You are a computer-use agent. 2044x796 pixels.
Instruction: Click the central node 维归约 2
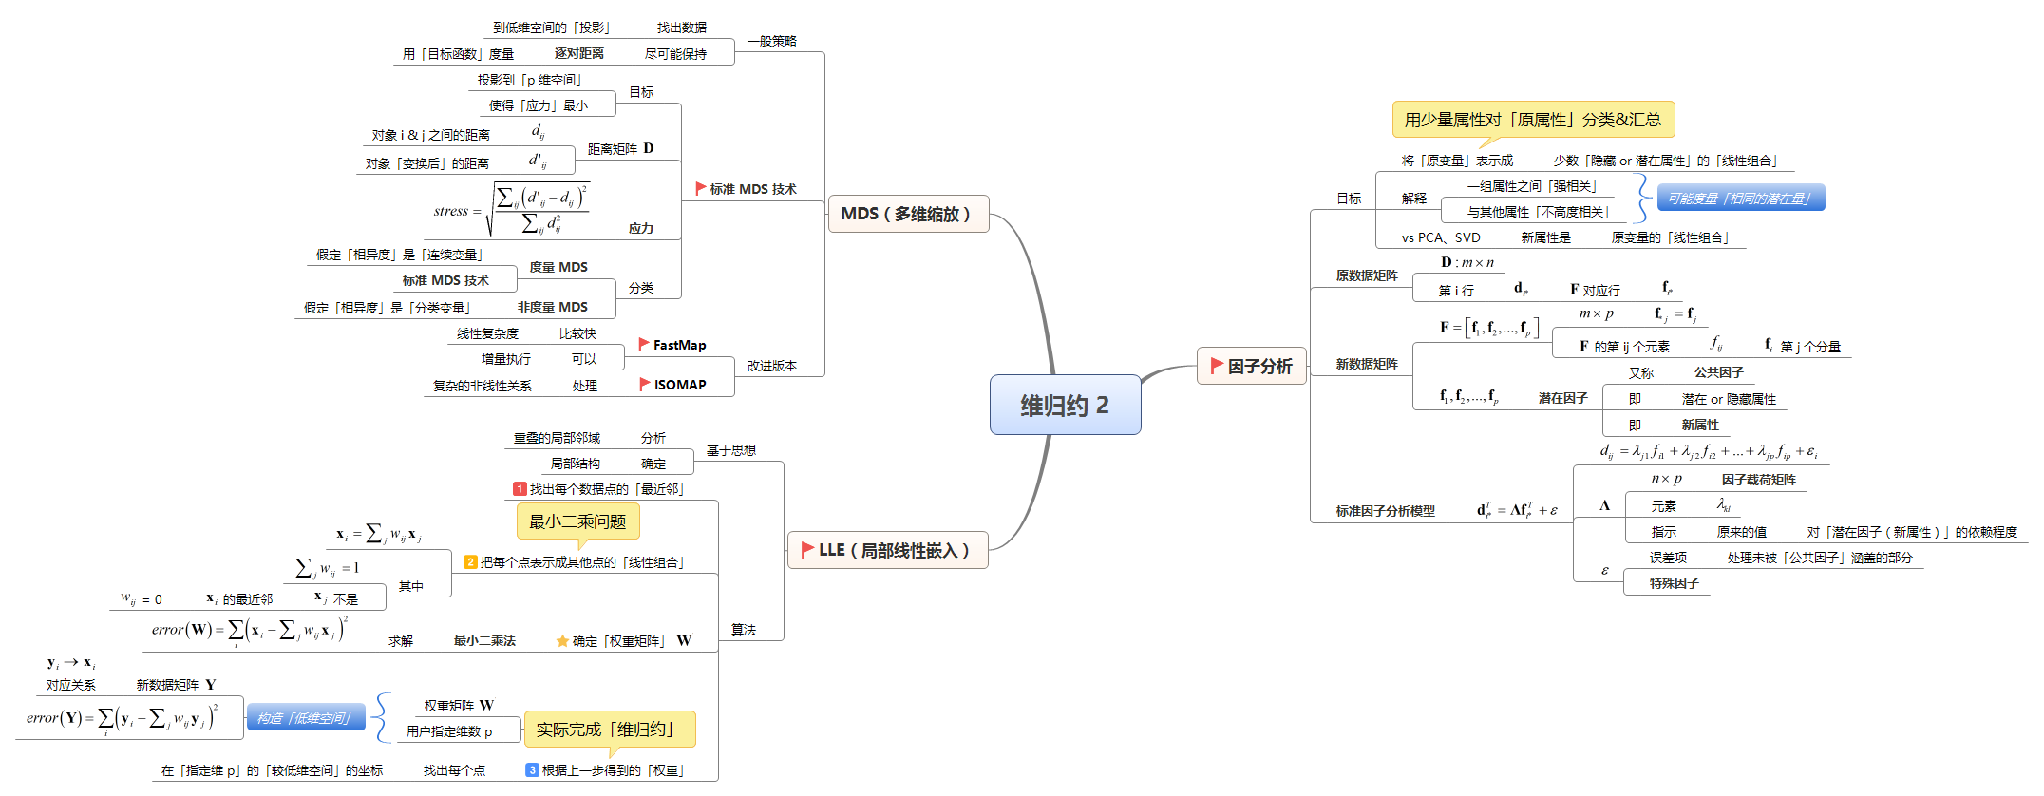pyautogui.click(x=1065, y=405)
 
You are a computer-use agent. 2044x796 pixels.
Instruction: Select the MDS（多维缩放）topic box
pyautogui.click(x=908, y=214)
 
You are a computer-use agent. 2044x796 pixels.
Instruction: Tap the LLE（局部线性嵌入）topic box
pyautogui.click(x=888, y=550)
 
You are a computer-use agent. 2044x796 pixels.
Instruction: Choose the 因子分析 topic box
pyautogui.click(x=1252, y=366)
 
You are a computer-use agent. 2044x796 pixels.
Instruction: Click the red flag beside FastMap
pyautogui.click(x=644, y=344)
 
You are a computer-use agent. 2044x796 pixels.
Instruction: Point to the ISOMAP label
pyautogui.click(x=680, y=385)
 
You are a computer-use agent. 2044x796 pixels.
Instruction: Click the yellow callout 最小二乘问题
pyautogui.click(x=577, y=521)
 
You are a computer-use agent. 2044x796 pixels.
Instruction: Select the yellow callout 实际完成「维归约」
pyautogui.click(x=609, y=730)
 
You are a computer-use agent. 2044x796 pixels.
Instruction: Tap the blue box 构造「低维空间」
pyautogui.click(x=306, y=718)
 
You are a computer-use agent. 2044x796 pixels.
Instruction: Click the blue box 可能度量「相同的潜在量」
pyautogui.click(x=1740, y=198)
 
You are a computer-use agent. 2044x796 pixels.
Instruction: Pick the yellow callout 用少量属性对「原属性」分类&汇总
pyautogui.click(x=1533, y=120)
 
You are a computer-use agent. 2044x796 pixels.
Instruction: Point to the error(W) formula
pyautogui.click(x=250, y=630)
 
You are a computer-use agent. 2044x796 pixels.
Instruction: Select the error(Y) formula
pyautogui.click(x=123, y=718)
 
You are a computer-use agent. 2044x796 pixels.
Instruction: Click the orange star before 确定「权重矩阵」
pyautogui.click(x=562, y=641)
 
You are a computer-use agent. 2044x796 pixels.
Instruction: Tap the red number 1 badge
pyautogui.click(x=520, y=488)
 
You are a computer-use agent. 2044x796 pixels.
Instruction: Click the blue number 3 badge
pyautogui.click(x=533, y=769)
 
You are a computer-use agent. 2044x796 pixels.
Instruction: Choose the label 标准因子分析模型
pyautogui.click(x=1385, y=511)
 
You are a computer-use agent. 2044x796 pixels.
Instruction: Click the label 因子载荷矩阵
pyautogui.click(x=1758, y=480)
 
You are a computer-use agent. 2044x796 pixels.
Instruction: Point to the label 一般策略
pyautogui.click(x=772, y=41)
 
